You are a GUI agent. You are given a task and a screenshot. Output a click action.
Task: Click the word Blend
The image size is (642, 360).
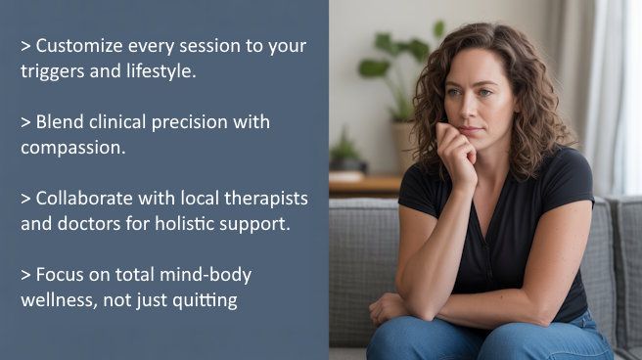pyautogui.click(x=60, y=123)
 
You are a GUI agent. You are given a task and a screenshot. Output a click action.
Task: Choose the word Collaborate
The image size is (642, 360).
pyautogui.click(x=87, y=199)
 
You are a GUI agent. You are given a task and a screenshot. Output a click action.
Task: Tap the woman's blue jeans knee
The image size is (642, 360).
pyautogui.click(x=411, y=337)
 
